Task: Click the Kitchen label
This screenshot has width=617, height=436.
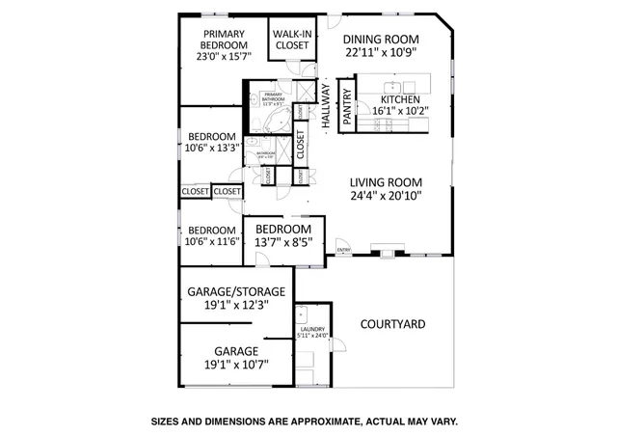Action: (402, 99)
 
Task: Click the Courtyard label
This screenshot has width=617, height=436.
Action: (392, 324)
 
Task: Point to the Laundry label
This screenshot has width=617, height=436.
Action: (312, 330)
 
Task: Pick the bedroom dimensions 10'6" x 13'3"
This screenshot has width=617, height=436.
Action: (212, 149)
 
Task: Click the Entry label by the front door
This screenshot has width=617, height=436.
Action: (343, 251)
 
